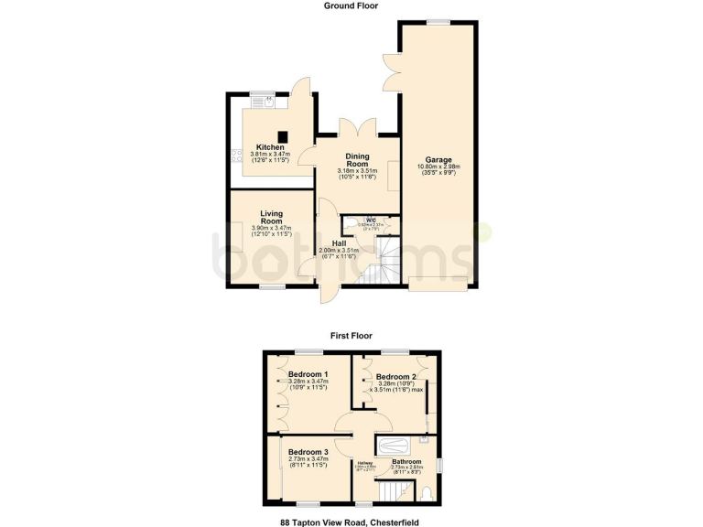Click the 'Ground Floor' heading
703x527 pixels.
(351, 5)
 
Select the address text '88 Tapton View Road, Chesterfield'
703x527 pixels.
(351, 522)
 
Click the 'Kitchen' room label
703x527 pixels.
(270, 147)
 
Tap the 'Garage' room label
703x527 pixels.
(438, 159)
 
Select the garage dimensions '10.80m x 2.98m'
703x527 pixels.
(438, 167)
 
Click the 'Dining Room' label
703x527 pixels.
(356, 159)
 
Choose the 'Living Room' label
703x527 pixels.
(271, 217)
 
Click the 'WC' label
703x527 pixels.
(371, 220)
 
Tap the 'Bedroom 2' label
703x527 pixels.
(395, 377)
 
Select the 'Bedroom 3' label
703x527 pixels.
(308, 452)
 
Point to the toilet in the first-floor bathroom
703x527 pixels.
(428, 494)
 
